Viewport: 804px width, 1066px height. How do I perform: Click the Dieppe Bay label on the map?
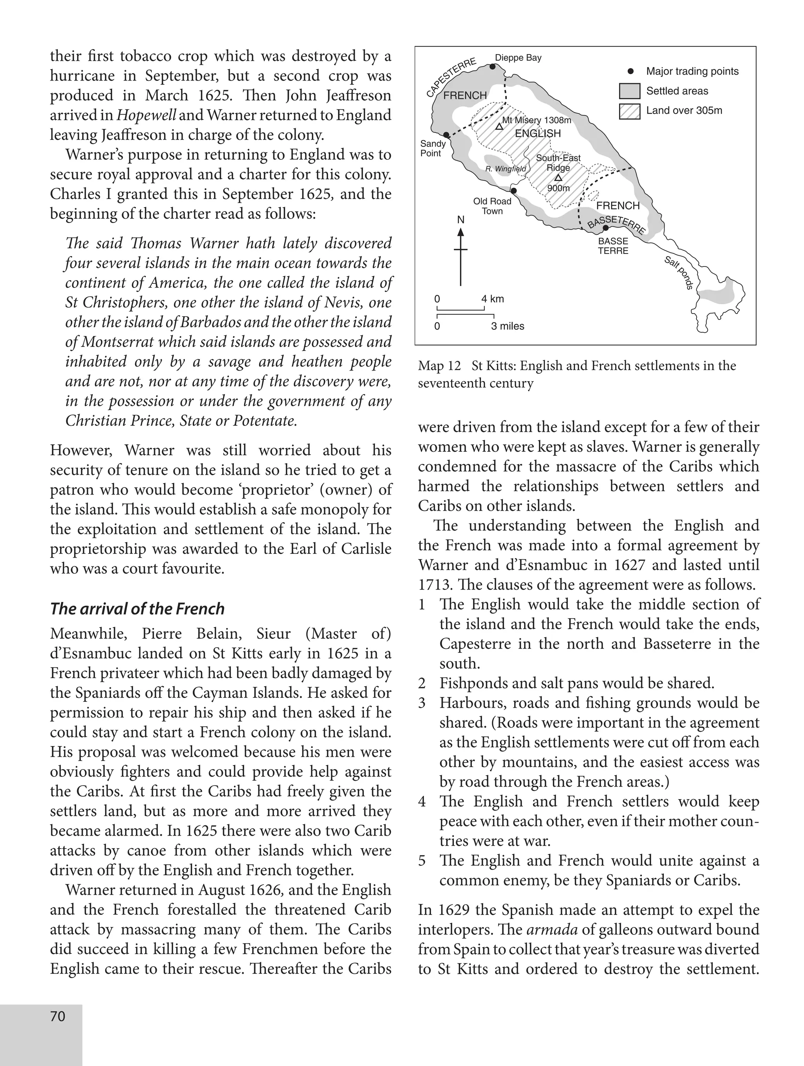coord(518,58)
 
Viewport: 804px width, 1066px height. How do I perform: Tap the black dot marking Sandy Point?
coord(446,135)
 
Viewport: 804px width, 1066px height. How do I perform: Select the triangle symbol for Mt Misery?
coord(499,127)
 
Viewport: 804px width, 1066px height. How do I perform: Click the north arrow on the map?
coord(461,256)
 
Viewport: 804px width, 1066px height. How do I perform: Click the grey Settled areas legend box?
coord(630,91)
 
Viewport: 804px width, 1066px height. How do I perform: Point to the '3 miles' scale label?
coord(508,326)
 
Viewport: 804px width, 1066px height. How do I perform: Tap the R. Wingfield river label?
coord(506,169)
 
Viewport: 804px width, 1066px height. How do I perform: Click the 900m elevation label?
coord(558,188)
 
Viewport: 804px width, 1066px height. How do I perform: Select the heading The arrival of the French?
coord(137,609)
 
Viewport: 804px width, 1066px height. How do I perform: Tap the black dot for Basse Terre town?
coord(605,228)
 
